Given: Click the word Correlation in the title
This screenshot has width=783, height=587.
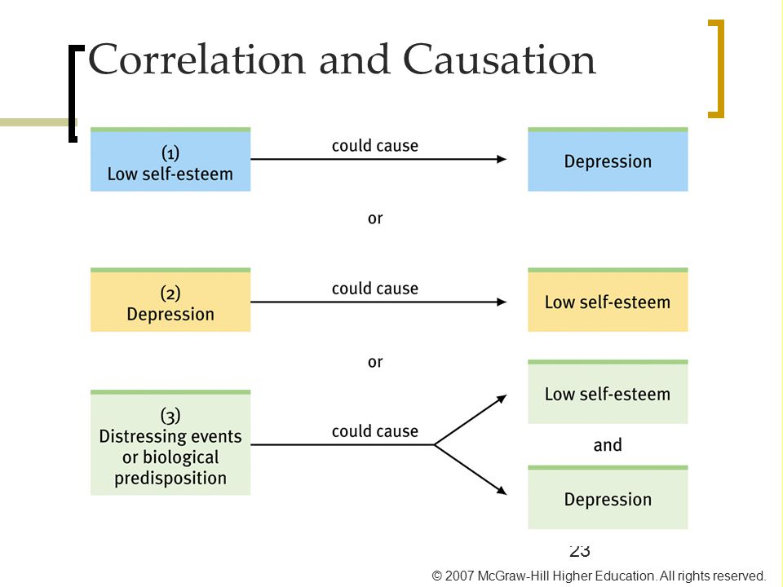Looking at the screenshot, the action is click(197, 60).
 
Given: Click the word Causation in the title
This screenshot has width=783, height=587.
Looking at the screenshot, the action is click(499, 60).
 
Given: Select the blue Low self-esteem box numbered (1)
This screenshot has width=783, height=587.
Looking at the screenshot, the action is click(170, 159).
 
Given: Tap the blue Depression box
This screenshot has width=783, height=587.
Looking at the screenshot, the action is click(608, 159).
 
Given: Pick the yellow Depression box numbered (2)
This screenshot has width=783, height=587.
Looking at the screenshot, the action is click(170, 299).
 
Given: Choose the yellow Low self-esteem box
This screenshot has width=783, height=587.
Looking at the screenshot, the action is click(608, 299).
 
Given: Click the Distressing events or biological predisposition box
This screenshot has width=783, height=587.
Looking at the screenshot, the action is click(170, 443).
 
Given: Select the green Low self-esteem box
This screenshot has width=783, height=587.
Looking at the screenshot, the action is click(608, 392).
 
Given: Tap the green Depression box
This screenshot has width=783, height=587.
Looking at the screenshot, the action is click(608, 497).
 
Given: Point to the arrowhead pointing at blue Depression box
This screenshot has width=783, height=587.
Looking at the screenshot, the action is click(502, 159).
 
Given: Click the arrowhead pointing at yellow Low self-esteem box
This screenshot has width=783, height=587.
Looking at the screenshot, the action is click(502, 302).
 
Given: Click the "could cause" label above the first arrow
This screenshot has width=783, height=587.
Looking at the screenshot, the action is click(375, 146).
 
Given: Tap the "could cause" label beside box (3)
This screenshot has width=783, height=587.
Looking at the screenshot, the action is click(375, 431).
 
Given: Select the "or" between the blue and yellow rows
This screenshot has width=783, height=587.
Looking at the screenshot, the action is click(375, 218).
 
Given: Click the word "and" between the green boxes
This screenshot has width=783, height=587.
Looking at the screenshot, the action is click(608, 445).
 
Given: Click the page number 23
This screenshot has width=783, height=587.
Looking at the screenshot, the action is click(580, 550).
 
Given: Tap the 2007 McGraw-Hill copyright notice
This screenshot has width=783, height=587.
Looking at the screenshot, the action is click(598, 576).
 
